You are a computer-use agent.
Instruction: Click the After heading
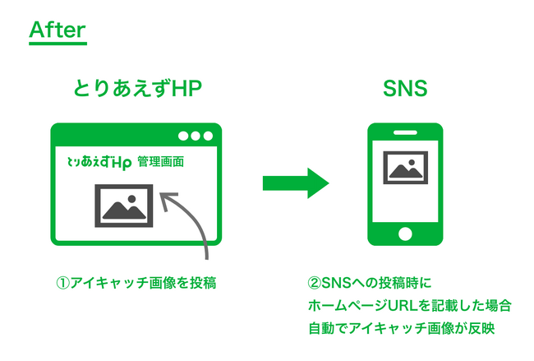coord(57,30)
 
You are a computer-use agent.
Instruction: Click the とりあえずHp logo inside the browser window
coord(99,162)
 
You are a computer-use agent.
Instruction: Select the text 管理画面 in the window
coord(161,162)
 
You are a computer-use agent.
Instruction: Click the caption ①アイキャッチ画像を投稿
coord(136,283)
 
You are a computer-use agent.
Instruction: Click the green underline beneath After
coord(57,44)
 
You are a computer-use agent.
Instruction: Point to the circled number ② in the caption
coord(313,283)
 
